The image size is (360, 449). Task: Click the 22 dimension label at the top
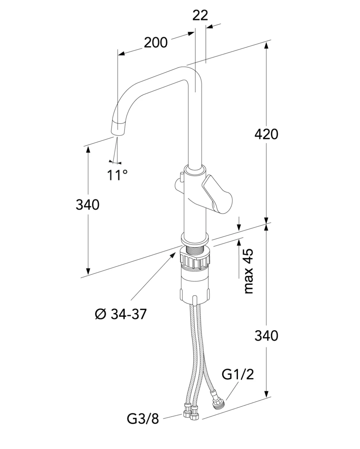click(200, 16)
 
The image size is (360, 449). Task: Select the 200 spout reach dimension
click(156, 43)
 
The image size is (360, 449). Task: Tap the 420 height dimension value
click(266, 134)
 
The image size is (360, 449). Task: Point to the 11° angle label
click(117, 175)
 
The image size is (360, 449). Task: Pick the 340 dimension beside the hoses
click(266, 336)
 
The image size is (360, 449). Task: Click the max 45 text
click(249, 271)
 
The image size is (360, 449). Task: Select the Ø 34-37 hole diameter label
click(121, 314)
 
